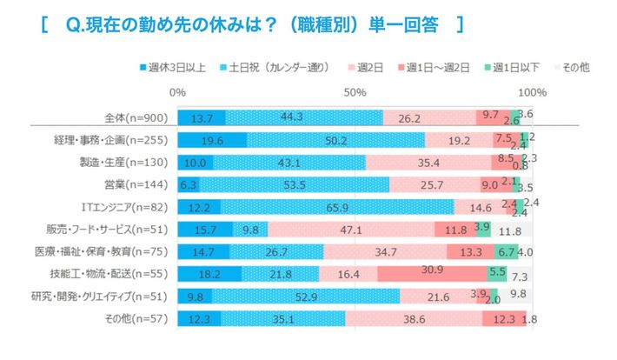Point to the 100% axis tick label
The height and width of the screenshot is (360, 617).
[x=531, y=92]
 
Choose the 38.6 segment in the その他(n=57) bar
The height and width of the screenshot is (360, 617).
[x=414, y=319]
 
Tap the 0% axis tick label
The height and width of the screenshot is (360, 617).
[x=177, y=92]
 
